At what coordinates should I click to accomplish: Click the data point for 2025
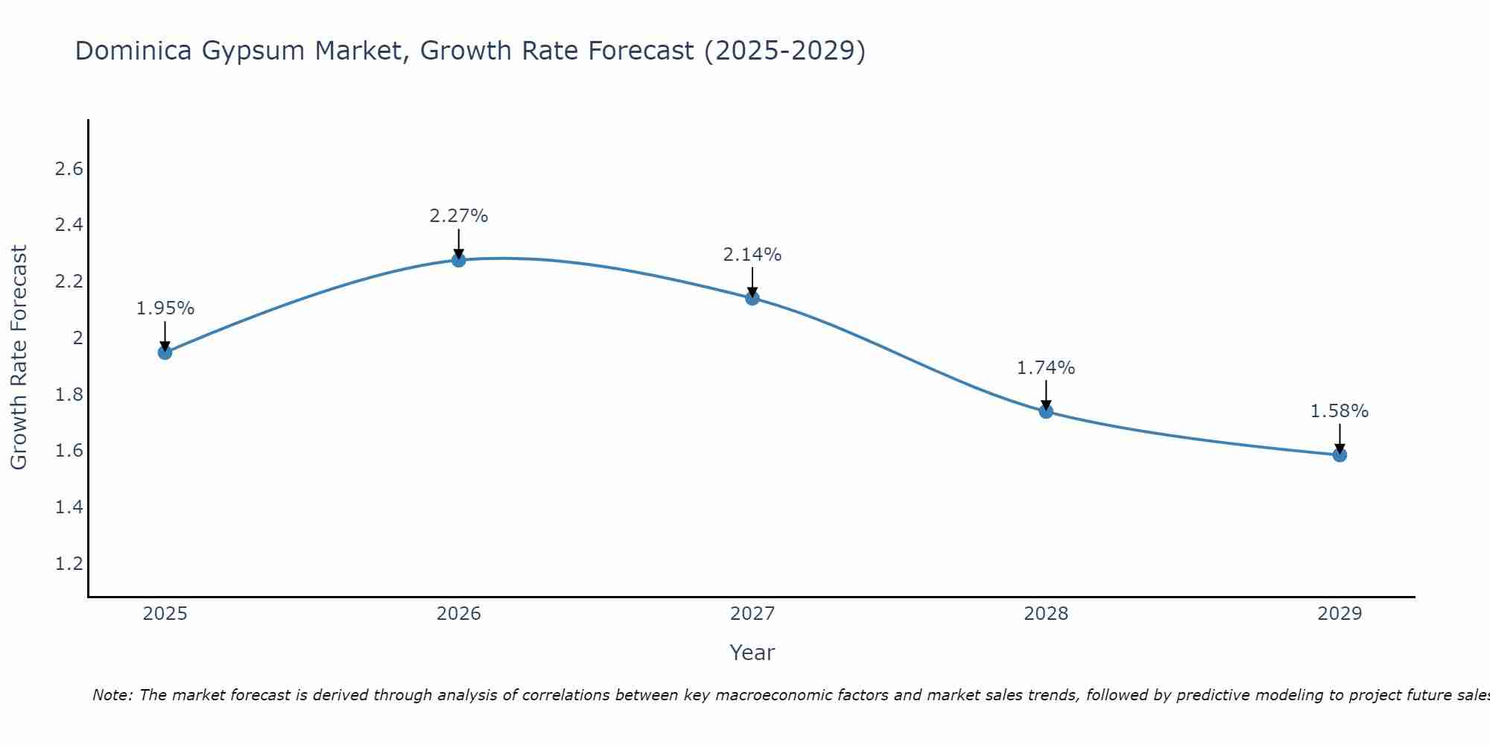[x=165, y=352]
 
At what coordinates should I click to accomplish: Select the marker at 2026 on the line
[x=459, y=260]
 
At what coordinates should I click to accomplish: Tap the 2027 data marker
[x=752, y=298]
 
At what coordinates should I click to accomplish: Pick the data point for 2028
[x=1046, y=411]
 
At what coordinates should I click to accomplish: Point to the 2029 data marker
[x=1340, y=454]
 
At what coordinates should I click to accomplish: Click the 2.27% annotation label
[x=459, y=216]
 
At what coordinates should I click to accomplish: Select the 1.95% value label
[x=165, y=308]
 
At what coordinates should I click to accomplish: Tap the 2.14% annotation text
[x=752, y=255]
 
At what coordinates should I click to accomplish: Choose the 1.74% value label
[x=1046, y=368]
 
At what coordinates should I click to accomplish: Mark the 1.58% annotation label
[x=1340, y=411]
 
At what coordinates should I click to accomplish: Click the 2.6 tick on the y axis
[x=69, y=169]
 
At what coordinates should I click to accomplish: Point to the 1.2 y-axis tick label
[x=69, y=564]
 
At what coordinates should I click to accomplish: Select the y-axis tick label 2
[x=77, y=338]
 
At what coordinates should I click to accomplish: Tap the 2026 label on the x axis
[x=459, y=614]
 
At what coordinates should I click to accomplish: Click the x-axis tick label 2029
[x=1340, y=614]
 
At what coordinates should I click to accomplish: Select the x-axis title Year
[x=752, y=653]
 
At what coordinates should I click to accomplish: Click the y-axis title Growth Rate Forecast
[x=19, y=357]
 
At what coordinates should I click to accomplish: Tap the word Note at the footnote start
[x=112, y=695]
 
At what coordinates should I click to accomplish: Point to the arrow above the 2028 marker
[x=1046, y=395]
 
